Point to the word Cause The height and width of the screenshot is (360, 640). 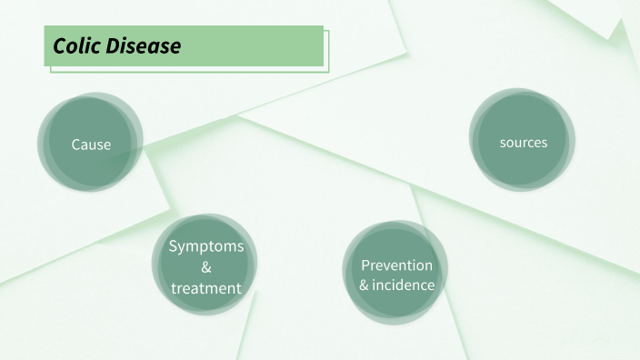[91, 145]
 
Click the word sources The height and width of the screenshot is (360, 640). [523, 143]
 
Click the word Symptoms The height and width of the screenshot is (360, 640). [206, 246]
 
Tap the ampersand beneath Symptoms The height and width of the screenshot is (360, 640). [206, 267]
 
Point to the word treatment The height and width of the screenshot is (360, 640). [206, 288]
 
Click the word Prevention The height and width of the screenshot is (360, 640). [396, 265]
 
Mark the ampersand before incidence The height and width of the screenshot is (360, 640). [365, 285]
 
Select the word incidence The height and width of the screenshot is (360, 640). [405, 285]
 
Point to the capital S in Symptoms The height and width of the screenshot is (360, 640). [174, 246]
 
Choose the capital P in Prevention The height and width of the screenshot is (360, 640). [365, 265]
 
